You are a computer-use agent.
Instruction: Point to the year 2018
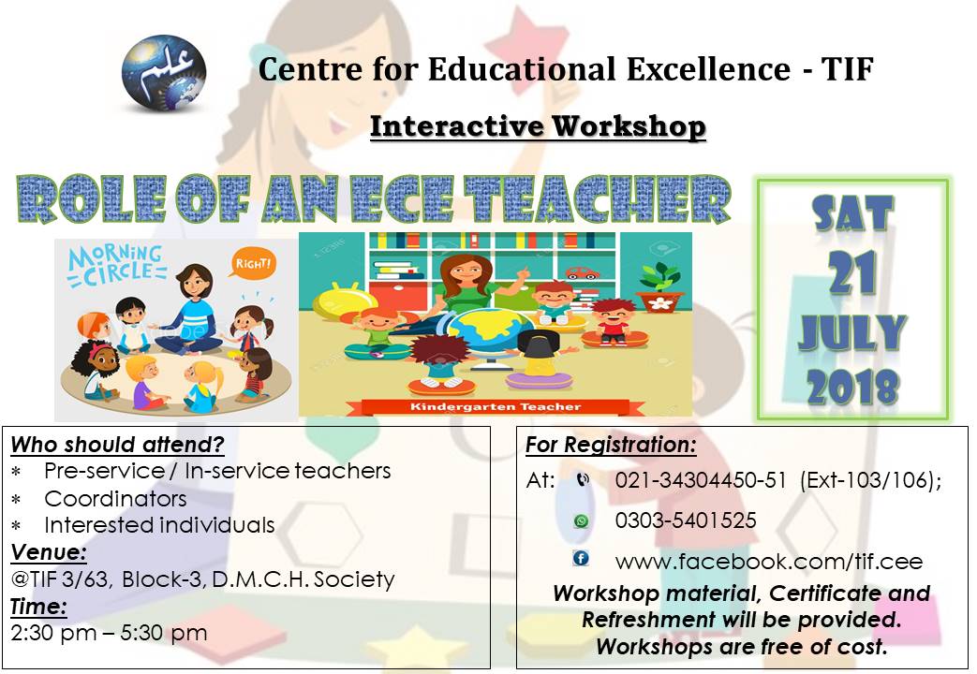click(x=851, y=386)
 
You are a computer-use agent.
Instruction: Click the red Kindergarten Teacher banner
click(x=495, y=407)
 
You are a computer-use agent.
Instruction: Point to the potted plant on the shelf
click(x=661, y=286)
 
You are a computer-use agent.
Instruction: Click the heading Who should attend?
click(x=118, y=444)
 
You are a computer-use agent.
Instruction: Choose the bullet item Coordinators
click(x=115, y=498)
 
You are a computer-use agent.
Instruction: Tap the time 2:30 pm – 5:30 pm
click(x=109, y=633)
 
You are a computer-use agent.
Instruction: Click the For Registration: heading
click(x=611, y=444)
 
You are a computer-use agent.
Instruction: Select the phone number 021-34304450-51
click(x=701, y=480)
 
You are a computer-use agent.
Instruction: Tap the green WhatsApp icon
click(x=582, y=521)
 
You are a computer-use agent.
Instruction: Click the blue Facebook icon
click(x=581, y=559)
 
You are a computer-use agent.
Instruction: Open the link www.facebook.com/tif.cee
click(x=768, y=562)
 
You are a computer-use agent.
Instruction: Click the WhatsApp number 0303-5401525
click(x=686, y=520)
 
